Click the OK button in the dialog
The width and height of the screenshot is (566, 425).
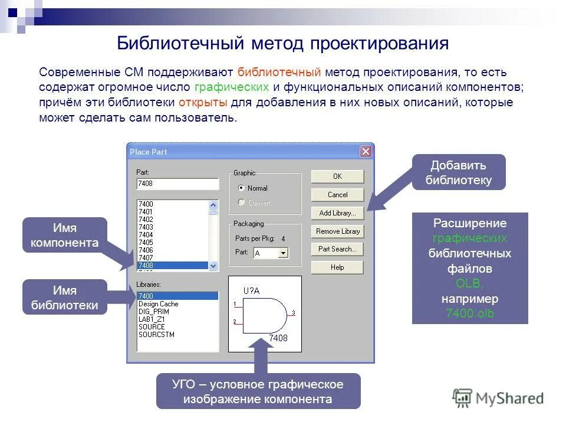(337, 176)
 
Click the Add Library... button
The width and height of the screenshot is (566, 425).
(337, 213)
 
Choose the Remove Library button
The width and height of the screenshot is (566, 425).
(337, 231)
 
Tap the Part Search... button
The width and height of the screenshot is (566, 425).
(337, 249)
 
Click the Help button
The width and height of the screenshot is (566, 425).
(337, 267)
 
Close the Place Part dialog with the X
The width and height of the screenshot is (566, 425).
(366, 152)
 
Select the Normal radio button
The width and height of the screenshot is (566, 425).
(241, 188)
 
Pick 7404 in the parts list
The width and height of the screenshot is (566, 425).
(146, 235)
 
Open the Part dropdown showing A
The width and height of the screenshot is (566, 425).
(283, 253)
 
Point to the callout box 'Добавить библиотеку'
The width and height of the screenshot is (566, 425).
(458, 172)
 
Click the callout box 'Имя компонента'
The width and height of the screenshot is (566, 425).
(65, 235)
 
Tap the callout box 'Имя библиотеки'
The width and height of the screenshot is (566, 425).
(65, 297)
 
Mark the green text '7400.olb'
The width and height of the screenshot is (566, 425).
(469, 313)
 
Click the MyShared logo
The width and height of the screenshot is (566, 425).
(498, 398)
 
